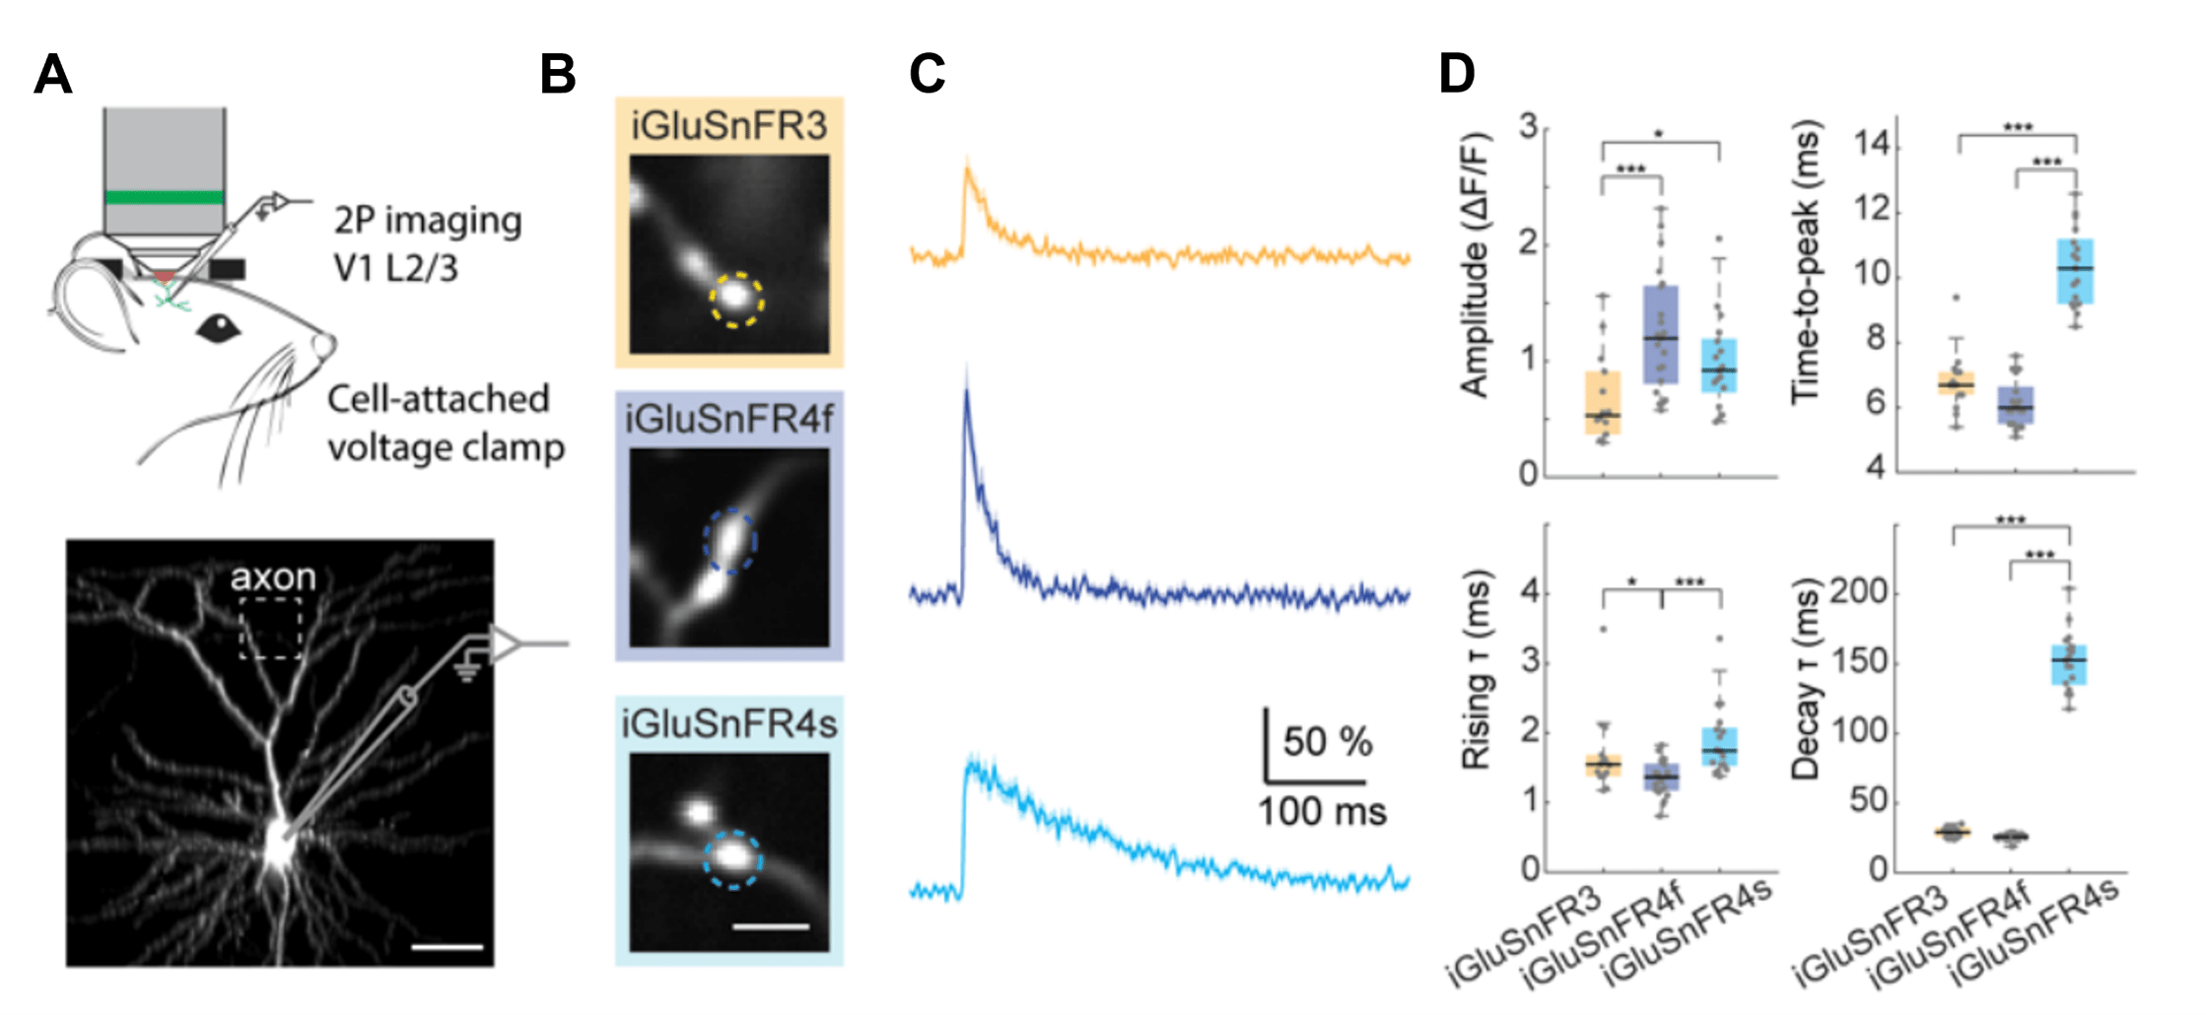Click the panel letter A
point(52,74)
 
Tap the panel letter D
point(1457,74)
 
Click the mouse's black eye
point(218,329)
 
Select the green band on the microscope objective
point(165,197)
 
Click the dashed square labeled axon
point(271,628)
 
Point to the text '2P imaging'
point(427,221)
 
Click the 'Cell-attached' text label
point(438,399)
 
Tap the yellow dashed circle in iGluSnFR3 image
point(736,300)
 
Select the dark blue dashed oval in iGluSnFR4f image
point(729,540)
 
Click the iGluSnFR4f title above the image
point(728,421)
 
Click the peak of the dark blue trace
point(967,392)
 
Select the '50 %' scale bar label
point(1327,742)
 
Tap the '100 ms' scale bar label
point(1322,812)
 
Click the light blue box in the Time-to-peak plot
point(2075,271)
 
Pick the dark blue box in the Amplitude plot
point(1661,335)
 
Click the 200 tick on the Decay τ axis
point(1858,592)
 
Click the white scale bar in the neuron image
point(447,947)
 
